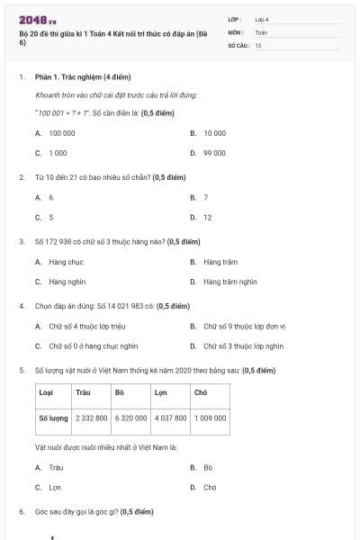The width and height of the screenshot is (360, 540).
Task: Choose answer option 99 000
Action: click(213, 153)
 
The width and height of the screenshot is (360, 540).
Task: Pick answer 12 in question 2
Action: click(207, 217)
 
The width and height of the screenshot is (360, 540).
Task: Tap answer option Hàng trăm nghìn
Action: click(229, 282)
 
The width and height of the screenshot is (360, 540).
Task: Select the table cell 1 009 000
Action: click(210, 418)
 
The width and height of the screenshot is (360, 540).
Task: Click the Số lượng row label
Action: click(53, 418)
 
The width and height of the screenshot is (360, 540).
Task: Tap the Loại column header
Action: click(46, 392)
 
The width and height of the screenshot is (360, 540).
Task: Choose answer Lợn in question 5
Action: click(54, 488)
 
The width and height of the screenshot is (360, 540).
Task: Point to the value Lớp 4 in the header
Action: click(262, 18)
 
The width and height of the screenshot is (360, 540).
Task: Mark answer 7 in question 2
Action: click(205, 197)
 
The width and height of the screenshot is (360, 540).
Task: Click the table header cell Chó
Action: click(201, 392)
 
